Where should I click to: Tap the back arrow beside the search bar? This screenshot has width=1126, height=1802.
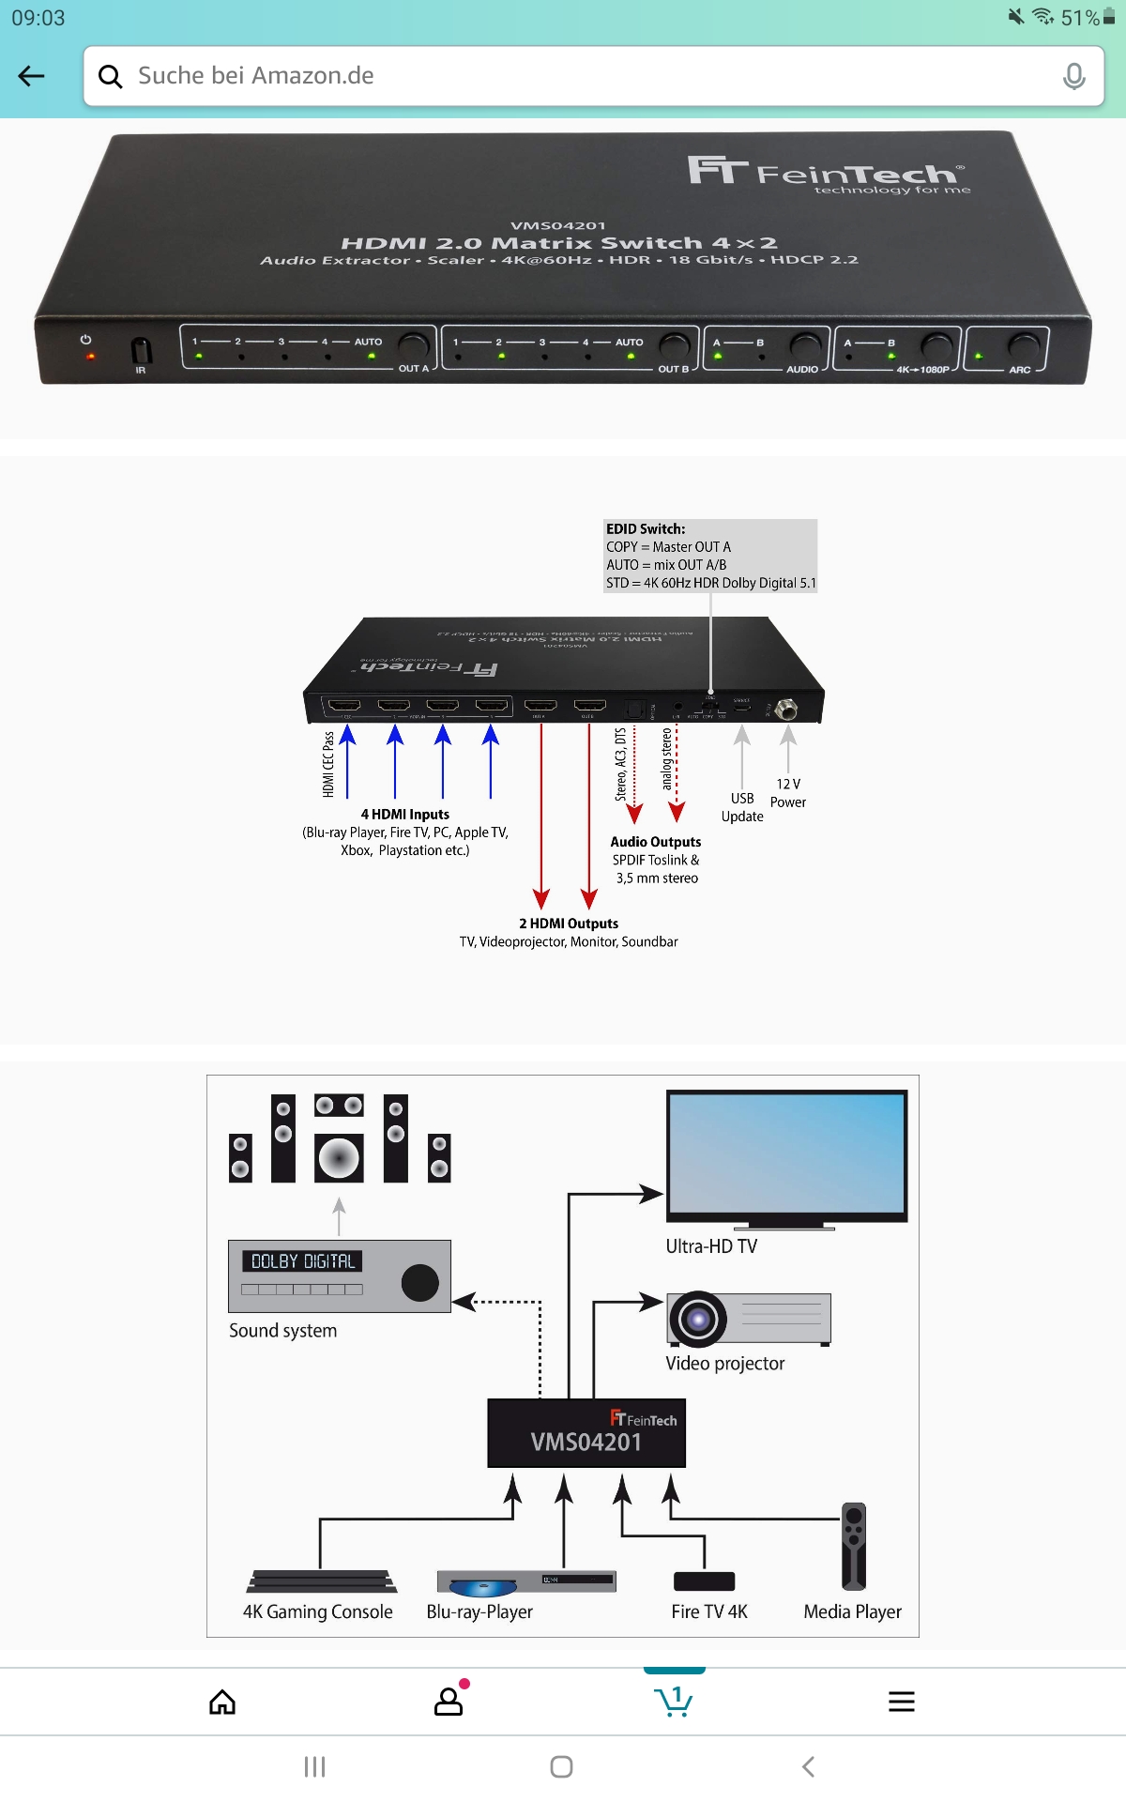pos(32,76)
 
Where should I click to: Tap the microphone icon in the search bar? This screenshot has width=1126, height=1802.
pos(1073,76)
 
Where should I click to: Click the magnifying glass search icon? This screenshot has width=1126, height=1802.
pos(111,76)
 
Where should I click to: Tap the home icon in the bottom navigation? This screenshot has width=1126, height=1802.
pos(222,1702)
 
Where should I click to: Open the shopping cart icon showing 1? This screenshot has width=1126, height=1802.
pos(674,1700)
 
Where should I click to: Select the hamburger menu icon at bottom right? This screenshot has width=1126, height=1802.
pos(901,1702)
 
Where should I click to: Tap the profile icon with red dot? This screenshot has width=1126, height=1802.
pos(449,1701)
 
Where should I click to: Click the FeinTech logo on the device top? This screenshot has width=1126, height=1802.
pos(826,174)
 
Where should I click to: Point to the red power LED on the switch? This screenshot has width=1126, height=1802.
pos(90,357)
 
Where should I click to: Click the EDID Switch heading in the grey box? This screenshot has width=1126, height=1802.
pos(646,529)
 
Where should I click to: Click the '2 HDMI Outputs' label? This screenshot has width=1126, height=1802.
pos(569,924)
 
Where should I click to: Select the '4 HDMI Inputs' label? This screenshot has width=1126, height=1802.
pos(405,815)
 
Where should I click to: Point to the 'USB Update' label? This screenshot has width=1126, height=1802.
pos(742,807)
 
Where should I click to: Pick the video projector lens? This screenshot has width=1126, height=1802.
pos(697,1319)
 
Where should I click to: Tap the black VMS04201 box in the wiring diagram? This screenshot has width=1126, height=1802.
pos(586,1433)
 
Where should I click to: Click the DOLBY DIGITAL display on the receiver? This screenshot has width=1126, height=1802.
pos(302,1261)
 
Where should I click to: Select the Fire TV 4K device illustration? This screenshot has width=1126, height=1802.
pos(704,1581)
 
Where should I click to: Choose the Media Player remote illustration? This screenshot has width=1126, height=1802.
pos(854,1546)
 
